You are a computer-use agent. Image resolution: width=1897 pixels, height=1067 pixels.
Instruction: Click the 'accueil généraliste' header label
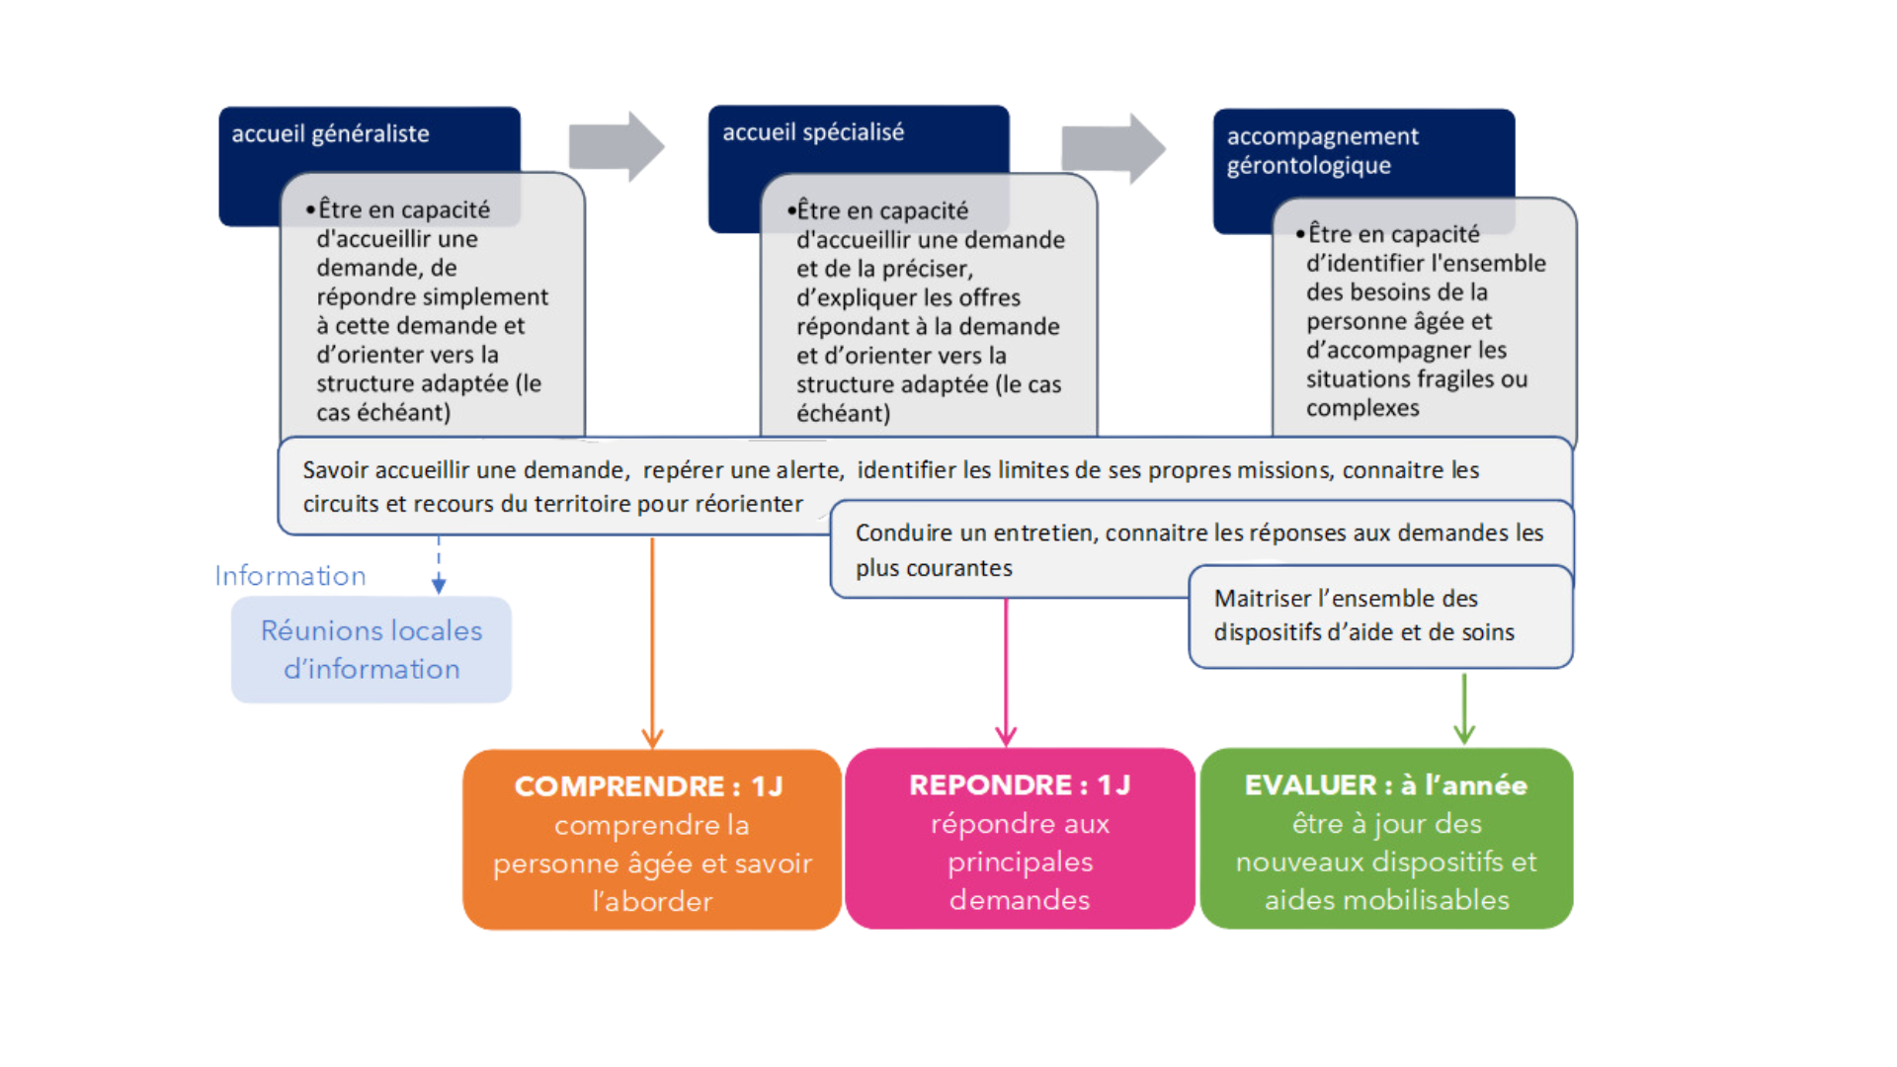tap(330, 134)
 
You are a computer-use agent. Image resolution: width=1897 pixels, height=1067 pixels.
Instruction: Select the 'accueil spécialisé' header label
tap(812, 132)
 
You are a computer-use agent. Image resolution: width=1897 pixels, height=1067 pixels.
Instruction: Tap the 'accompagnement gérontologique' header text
tap(1322, 150)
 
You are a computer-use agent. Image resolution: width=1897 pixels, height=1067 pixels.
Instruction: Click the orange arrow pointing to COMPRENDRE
tap(652, 642)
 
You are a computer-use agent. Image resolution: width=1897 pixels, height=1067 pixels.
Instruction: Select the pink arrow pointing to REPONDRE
tap(1006, 672)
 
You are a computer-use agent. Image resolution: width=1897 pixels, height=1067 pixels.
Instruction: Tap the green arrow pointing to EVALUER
tap(1464, 707)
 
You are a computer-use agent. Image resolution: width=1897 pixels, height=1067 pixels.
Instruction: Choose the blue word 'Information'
tap(290, 576)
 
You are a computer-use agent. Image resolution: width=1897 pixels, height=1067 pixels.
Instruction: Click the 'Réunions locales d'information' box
tap(371, 649)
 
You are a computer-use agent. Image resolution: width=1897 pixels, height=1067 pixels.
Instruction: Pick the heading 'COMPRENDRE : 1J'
tap(648, 786)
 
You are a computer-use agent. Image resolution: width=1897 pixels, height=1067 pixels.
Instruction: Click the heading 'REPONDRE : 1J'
tap(1020, 785)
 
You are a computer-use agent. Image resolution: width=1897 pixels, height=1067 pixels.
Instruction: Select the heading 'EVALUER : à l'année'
tap(1385, 785)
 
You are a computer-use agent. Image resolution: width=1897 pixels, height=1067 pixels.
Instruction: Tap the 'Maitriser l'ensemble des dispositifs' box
tap(1380, 616)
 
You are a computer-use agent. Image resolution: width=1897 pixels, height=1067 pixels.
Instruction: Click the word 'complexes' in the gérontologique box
tap(1362, 408)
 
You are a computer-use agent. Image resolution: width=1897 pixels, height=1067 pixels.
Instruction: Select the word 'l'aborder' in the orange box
tap(652, 901)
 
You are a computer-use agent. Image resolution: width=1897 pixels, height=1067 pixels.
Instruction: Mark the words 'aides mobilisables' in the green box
tap(1386, 900)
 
